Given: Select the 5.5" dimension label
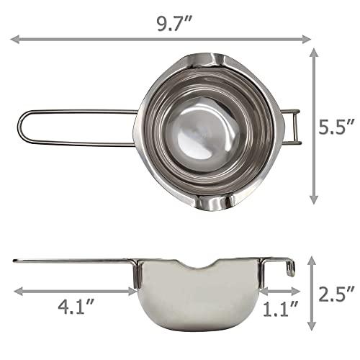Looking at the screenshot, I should click(339, 127).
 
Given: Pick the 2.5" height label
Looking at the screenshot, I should click(338, 293).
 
